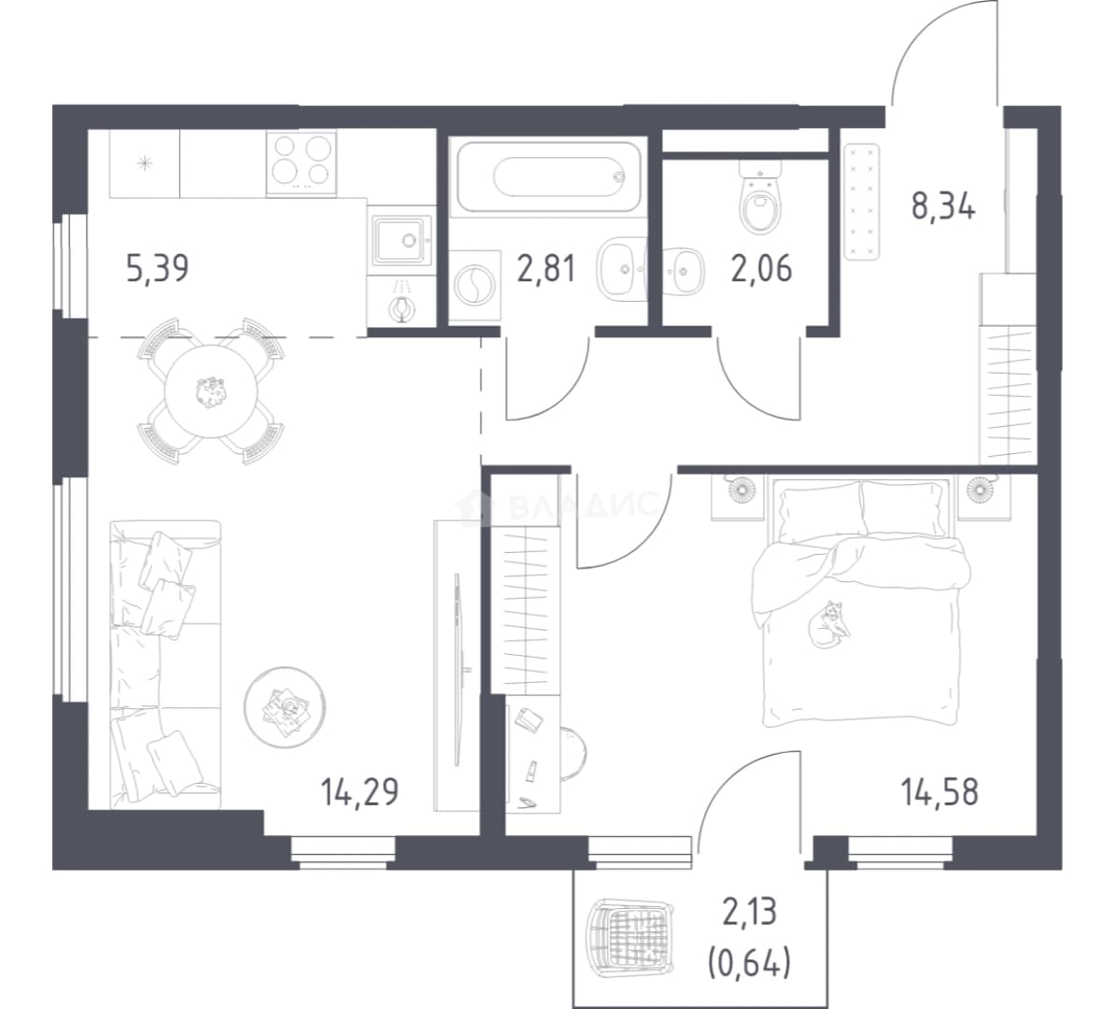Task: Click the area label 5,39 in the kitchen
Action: (x=157, y=270)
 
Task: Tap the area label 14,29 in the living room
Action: (x=360, y=792)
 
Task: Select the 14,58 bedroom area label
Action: (x=939, y=791)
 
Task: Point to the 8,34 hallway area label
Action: (x=943, y=206)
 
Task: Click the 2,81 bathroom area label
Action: (x=545, y=270)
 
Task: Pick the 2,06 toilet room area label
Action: (x=762, y=270)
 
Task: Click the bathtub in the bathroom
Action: (x=548, y=176)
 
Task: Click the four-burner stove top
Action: (x=302, y=163)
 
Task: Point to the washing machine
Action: (x=474, y=285)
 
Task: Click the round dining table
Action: (x=211, y=391)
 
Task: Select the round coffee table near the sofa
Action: (x=285, y=707)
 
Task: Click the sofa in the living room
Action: (x=165, y=664)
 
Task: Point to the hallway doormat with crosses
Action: (x=861, y=202)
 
